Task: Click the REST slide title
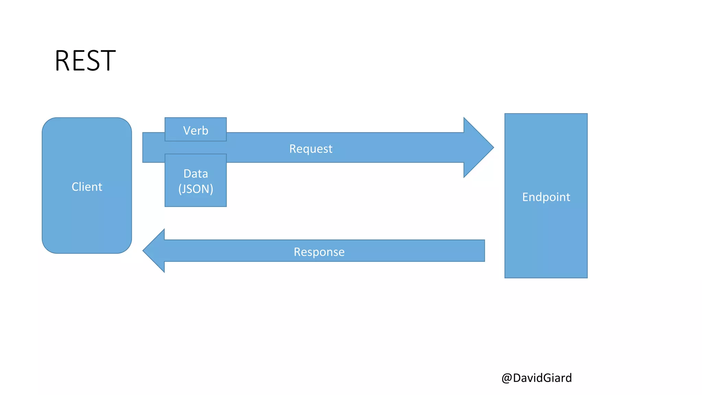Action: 85,61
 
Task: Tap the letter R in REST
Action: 62,61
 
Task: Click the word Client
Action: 87,187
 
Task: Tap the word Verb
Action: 196,131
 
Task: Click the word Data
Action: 196,174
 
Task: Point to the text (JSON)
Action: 196,189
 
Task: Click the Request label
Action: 311,149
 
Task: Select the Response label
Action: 319,252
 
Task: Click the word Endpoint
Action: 546,197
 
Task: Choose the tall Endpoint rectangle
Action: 546,240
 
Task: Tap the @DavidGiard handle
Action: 536,378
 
